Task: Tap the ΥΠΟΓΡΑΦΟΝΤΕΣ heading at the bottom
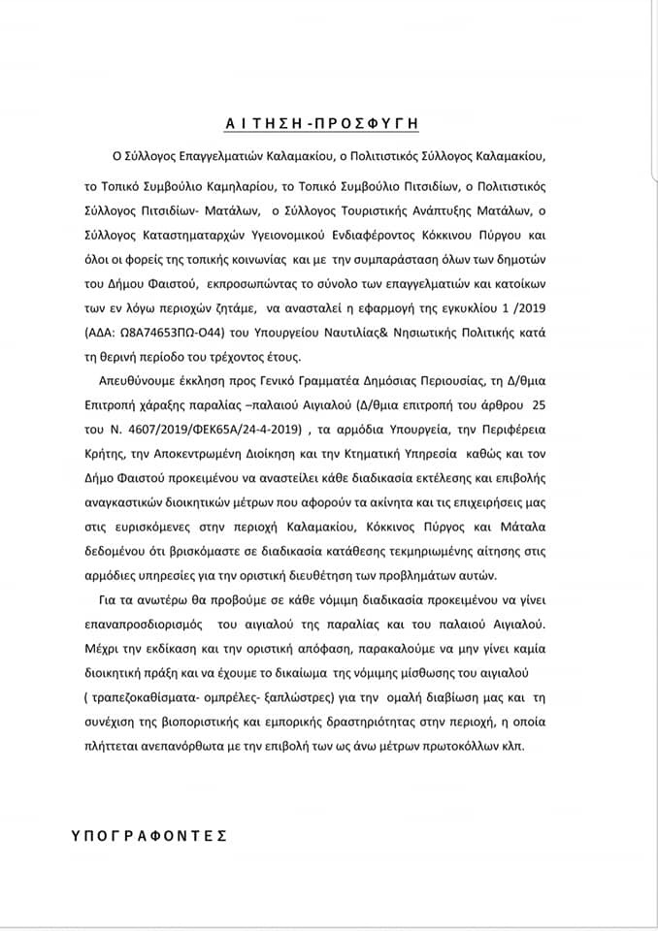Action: pyautogui.click(x=148, y=834)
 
